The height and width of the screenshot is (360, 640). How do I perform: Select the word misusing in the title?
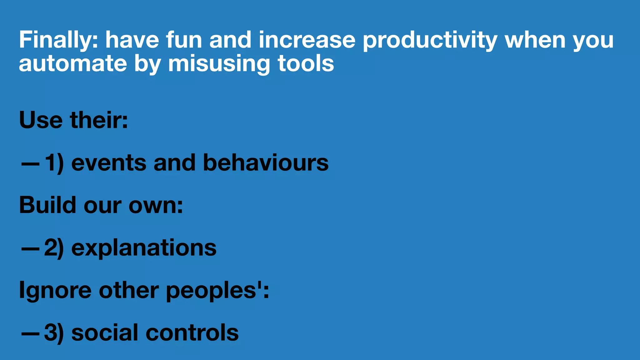tap(219, 64)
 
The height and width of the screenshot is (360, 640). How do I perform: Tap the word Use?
tap(41, 120)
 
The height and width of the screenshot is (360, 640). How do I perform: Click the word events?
tap(109, 163)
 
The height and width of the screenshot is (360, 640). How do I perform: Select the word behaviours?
tap(266, 163)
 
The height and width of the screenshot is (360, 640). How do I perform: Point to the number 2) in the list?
tap(54, 248)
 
